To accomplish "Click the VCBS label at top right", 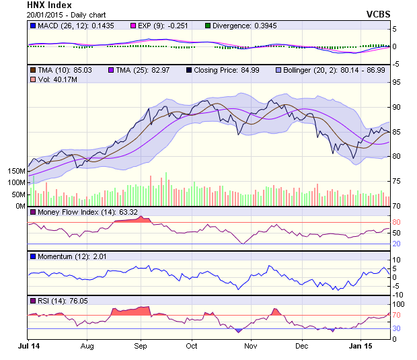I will [x=379, y=13].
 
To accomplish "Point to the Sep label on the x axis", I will [x=140, y=346].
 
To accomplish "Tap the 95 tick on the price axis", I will [x=397, y=82].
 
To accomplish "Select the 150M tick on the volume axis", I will [x=15, y=171].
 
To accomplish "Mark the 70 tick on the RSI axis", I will [x=397, y=314].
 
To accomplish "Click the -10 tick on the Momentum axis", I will [x=397, y=295].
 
